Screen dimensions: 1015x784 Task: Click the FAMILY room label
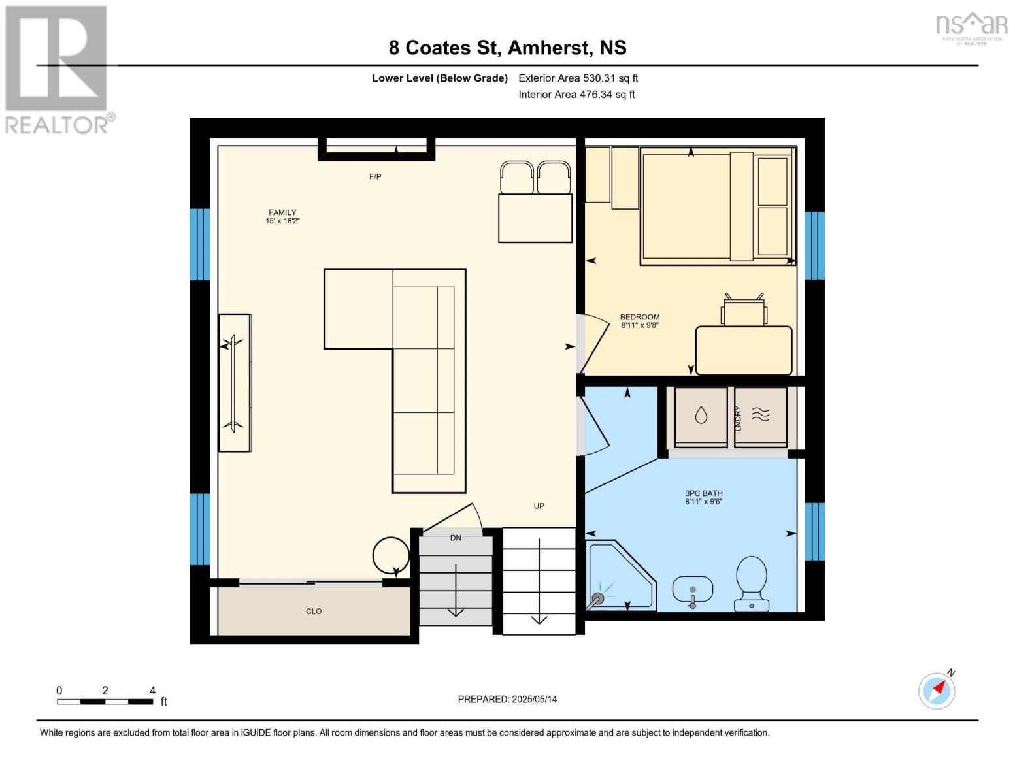coord(282,212)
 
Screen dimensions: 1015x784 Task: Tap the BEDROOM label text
coord(639,317)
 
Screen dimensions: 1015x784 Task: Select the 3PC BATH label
coord(703,493)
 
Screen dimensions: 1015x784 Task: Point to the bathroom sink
coord(692,591)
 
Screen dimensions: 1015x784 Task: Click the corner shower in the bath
coord(619,577)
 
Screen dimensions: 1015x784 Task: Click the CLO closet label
coord(314,612)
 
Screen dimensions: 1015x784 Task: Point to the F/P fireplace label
coord(375,176)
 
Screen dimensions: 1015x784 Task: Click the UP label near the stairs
coord(539,506)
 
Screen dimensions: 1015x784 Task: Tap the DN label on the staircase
coord(456,538)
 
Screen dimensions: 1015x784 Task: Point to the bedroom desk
coord(744,350)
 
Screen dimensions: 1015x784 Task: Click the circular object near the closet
coord(391,555)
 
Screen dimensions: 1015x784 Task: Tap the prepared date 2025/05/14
coord(534,700)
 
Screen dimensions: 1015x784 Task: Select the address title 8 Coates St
coord(443,48)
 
